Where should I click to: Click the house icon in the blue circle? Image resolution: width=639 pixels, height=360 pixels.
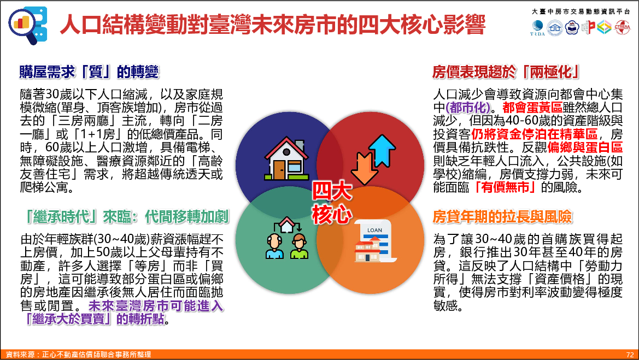click(x=286, y=159)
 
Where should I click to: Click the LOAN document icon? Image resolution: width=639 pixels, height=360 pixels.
click(x=373, y=241)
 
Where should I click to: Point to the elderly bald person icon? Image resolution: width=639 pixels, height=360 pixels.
click(x=274, y=246)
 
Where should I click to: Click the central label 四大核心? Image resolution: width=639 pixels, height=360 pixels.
click(x=332, y=203)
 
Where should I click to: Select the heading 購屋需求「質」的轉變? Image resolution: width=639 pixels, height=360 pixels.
click(x=89, y=72)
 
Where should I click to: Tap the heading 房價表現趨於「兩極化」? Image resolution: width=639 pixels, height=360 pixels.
click(x=506, y=72)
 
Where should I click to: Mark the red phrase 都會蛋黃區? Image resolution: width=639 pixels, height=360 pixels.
click(x=532, y=108)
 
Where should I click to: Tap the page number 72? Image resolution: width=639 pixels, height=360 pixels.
click(x=630, y=355)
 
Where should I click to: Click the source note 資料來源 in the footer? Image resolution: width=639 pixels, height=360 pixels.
click(x=78, y=355)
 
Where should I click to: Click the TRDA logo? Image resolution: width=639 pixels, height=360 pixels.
click(x=537, y=28)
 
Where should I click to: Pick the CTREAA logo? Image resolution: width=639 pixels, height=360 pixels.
click(x=622, y=27)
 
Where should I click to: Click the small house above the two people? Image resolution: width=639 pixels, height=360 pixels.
click(x=287, y=224)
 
